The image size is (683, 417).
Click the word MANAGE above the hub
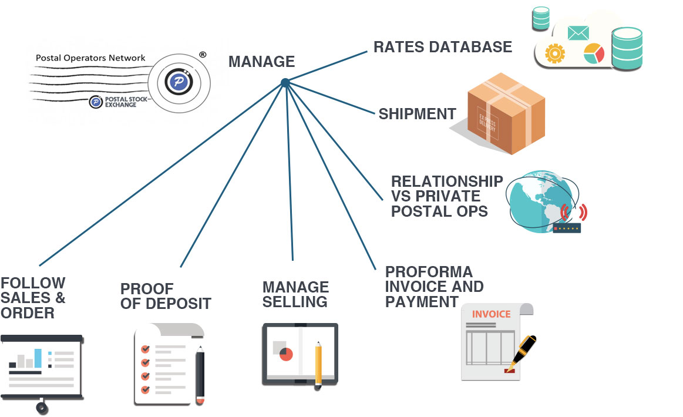(x=261, y=61)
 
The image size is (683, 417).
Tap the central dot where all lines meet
(x=285, y=83)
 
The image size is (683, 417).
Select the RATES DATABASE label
(x=443, y=47)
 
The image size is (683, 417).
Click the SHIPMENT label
(x=417, y=114)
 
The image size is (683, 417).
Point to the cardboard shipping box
(x=506, y=113)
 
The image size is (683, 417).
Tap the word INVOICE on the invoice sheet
(x=492, y=314)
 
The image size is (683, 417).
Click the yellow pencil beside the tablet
(x=318, y=363)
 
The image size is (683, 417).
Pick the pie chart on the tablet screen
(x=286, y=354)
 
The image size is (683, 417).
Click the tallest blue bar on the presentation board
(x=38, y=357)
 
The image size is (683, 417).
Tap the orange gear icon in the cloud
(x=554, y=53)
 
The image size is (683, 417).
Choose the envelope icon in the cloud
(x=578, y=33)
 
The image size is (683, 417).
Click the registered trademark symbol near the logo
(x=203, y=55)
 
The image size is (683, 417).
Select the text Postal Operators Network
(x=90, y=58)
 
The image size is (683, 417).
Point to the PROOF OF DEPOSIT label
(x=165, y=296)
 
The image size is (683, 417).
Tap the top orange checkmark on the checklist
(x=144, y=348)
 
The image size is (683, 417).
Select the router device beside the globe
(x=567, y=227)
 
